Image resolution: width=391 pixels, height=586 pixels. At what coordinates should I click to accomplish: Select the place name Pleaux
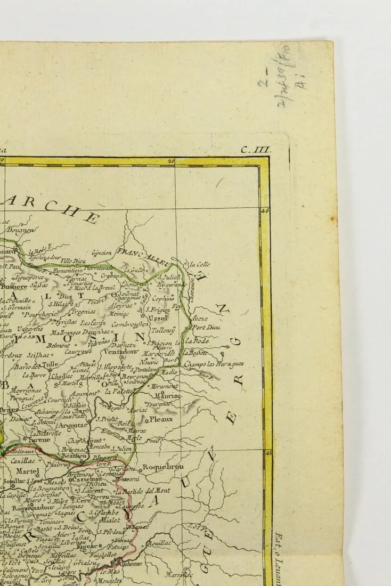[x=161, y=419]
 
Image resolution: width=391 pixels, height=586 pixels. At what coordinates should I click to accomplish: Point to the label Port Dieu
[x=206, y=327]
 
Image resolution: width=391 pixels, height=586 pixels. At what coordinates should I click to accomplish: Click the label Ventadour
[x=121, y=352]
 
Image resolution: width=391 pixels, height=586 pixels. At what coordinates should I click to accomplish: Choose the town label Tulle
[x=50, y=365]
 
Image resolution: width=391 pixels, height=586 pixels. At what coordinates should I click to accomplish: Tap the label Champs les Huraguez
[x=214, y=364]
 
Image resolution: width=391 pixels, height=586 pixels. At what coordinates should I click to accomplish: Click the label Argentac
[x=74, y=425]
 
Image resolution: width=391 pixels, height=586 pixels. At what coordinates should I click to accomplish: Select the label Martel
[x=28, y=471]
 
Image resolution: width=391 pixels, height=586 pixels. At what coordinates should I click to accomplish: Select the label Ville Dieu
[x=73, y=261]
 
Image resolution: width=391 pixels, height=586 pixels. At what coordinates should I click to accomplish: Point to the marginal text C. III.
[x=256, y=150]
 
